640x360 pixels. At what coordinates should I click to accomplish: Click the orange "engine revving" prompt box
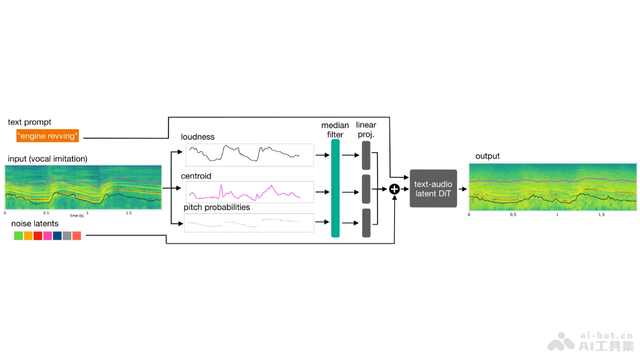(48, 135)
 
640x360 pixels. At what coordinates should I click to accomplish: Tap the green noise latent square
(19, 236)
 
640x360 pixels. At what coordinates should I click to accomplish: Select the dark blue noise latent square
(57, 236)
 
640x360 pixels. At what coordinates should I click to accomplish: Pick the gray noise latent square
(67, 236)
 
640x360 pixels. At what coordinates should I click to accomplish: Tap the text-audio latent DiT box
(434, 188)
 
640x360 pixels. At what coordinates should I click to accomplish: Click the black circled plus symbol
(394, 188)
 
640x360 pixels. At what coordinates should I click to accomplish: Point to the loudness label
(197, 137)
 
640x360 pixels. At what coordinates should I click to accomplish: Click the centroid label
(196, 175)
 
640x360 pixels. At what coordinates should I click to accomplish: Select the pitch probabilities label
(217, 207)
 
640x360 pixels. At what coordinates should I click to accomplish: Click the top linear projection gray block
(366, 155)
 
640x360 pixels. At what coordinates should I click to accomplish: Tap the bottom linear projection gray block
(366, 223)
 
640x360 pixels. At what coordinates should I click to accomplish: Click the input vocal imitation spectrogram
(83, 187)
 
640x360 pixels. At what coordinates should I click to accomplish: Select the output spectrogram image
(553, 187)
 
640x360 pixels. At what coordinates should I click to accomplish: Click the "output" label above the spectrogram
(487, 156)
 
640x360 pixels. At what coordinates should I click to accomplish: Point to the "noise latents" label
(35, 224)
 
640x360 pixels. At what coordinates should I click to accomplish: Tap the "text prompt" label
(30, 122)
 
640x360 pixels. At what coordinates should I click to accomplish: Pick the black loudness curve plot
(249, 154)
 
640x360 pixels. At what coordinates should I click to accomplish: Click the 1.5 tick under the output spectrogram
(602, 214)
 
